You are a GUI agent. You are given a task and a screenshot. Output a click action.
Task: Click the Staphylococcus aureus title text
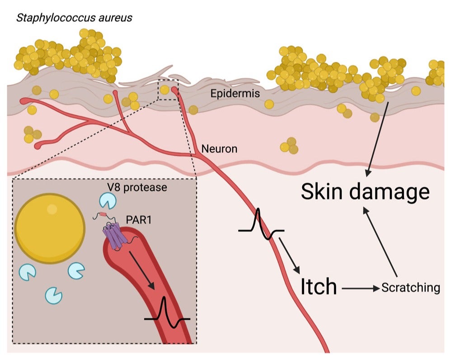[75, 18]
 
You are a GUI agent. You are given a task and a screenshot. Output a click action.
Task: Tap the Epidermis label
[235, 93]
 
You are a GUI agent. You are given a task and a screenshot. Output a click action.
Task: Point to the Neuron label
[220, 149]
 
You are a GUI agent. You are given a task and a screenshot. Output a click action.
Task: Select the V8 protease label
[137, 187]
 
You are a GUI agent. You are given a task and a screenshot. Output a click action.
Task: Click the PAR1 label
[139, 220]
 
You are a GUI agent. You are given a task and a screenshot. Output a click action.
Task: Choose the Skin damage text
[366, 192]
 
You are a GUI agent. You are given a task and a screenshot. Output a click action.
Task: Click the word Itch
[319, 286]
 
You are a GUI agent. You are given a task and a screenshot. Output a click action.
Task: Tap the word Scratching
[411, 288]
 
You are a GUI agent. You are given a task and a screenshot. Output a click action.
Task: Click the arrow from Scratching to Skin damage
[380, 242]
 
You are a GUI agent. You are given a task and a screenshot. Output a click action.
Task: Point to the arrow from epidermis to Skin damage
[377, 139]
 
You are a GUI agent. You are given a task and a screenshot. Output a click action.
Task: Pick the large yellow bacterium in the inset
[50, 228]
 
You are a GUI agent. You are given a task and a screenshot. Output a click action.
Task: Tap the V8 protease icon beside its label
[108, 200]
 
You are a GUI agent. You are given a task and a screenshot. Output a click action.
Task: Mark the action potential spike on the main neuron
[261, 224]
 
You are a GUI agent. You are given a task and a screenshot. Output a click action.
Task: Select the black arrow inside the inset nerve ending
[142, 270]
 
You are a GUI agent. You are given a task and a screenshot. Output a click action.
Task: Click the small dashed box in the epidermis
[168, 90]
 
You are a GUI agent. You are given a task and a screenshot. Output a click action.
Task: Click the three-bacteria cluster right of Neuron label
[289, 146]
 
